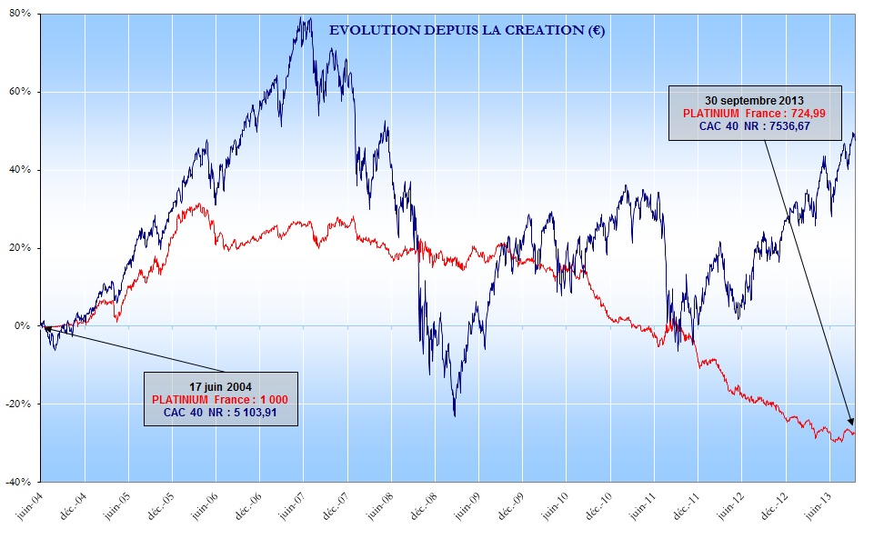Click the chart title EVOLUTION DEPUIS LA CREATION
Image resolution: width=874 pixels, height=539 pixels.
[467, 30]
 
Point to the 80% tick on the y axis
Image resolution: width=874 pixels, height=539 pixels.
[21, 14]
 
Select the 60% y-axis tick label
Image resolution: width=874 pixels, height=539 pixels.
[21, 92]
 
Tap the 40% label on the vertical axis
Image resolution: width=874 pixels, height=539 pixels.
[21, 170]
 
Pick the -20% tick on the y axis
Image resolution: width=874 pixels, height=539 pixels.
[19, 404]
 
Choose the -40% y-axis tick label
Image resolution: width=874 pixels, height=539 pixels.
[19, 482]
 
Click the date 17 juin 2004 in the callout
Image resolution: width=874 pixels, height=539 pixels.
[222, 386]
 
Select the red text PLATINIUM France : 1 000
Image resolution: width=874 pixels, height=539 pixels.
[221, 399]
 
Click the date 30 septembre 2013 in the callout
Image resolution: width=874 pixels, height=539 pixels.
[754, 99]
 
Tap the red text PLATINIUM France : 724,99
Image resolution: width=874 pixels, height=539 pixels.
[754, 113]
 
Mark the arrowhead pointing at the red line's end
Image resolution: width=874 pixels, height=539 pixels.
[852, 423]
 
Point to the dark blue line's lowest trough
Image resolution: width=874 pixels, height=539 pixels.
[455, 415]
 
